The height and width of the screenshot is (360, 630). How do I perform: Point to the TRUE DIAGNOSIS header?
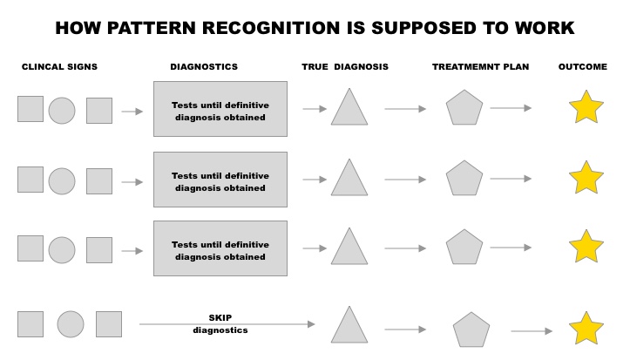pos(345,67)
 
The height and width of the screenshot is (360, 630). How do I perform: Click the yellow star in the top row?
pos(586,109)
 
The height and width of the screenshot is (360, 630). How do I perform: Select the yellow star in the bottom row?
pos(586,329)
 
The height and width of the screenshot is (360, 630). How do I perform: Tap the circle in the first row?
pos(62,111)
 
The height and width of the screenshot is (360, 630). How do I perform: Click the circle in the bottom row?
pos(71,324)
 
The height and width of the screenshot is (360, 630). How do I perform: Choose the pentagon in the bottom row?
pos(471,330)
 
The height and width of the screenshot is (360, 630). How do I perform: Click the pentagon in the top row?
pos(464,109)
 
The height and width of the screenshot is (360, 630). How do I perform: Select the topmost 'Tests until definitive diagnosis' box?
pos(220,109)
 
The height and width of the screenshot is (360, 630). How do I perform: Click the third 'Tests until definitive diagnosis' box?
pos(220,248)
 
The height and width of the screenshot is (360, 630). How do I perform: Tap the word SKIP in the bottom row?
pos(220,318)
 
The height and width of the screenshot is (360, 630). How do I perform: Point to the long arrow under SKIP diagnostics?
pos(227,325)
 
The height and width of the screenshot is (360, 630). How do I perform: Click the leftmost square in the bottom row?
pos(30,323)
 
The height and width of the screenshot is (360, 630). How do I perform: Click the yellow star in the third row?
pos(586,248)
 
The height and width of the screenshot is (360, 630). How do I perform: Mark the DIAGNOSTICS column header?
pos(204,67)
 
